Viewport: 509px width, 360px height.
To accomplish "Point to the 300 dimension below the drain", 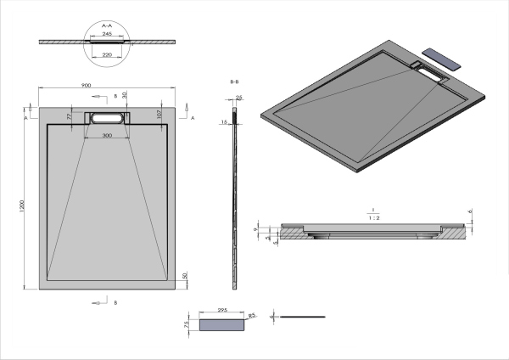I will point(106,136).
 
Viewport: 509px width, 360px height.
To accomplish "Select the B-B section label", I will point(233,82).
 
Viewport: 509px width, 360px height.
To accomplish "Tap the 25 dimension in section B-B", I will point(239,98).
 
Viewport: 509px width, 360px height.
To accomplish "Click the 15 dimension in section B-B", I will point(224,122).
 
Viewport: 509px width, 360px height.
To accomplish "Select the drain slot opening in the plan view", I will point(106,118).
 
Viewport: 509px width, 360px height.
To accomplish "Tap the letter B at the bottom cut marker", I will point(115,301).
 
